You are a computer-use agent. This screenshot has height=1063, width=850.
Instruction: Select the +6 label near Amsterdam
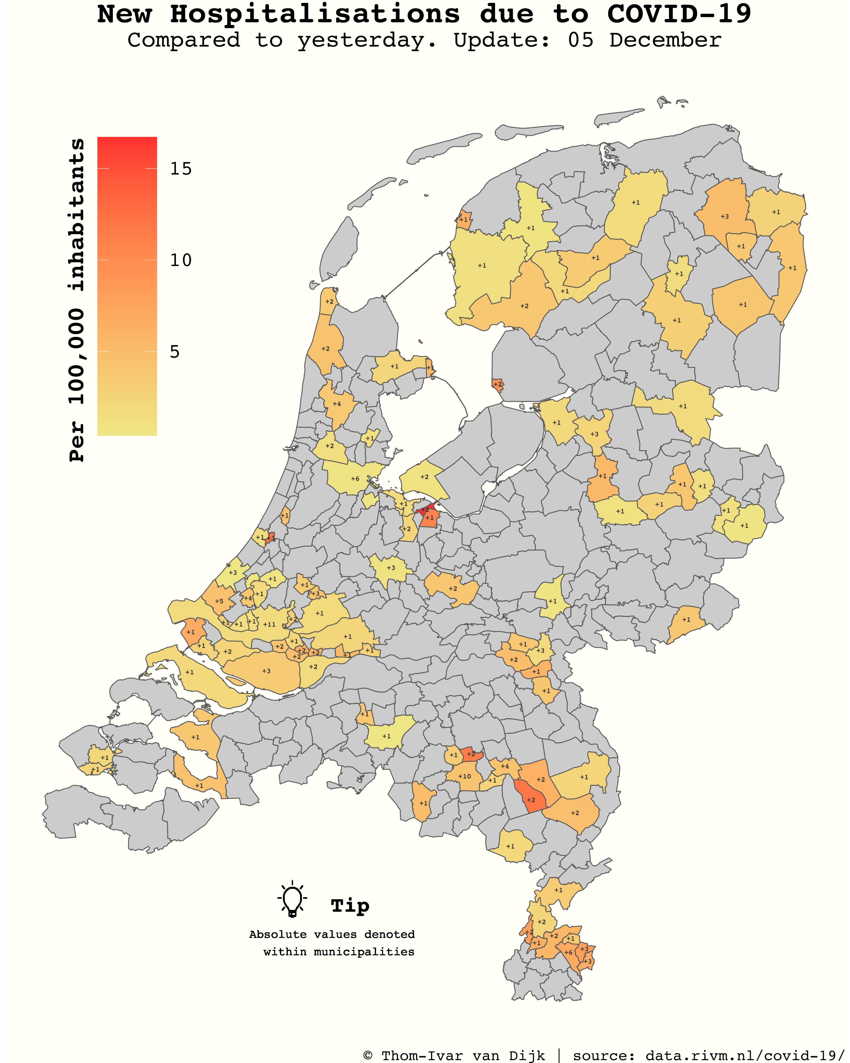click(355, 479)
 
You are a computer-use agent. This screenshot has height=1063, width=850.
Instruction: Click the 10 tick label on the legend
click(181, 260)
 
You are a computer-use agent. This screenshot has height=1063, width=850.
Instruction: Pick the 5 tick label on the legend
click(175, 352)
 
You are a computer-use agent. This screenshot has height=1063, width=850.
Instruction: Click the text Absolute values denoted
click(332, 934)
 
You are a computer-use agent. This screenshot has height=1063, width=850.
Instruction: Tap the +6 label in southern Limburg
click(568, 952)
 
